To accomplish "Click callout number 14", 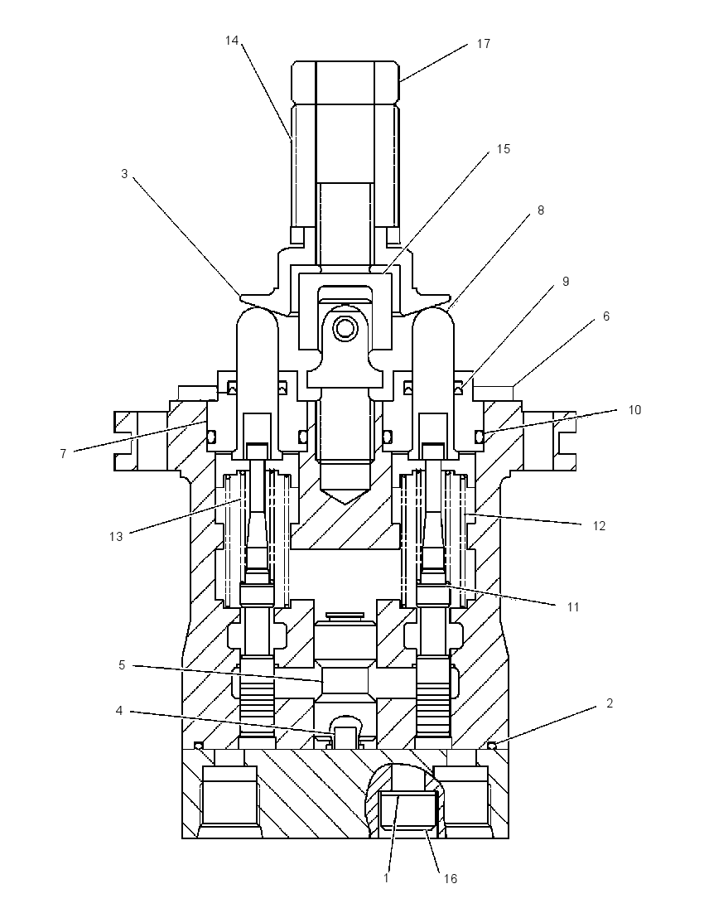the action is click(232, 41).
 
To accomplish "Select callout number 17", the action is click(484, 44).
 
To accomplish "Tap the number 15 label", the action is click(504, 149).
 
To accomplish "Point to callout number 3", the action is click(124, 174).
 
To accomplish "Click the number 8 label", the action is click(541, 210).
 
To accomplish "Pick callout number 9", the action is click(566, 282).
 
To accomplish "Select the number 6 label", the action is click(606, 316).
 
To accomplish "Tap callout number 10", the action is click(634, 410).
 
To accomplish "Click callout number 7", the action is click(63, 454).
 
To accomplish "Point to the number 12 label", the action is click(599, 526).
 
